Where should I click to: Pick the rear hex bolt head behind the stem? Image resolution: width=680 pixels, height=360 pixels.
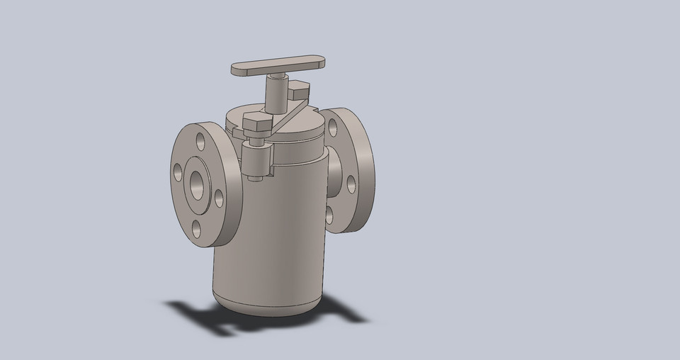(299, 90)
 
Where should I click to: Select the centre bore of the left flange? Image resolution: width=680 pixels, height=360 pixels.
(195, 184)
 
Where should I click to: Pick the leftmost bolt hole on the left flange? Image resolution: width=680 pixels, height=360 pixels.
(178, 171)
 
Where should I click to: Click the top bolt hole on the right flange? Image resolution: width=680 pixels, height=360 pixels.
(332, 128)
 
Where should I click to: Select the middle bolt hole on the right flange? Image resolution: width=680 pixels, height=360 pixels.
(351, 184)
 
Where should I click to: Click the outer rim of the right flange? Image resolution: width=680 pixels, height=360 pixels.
(365, 170)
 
